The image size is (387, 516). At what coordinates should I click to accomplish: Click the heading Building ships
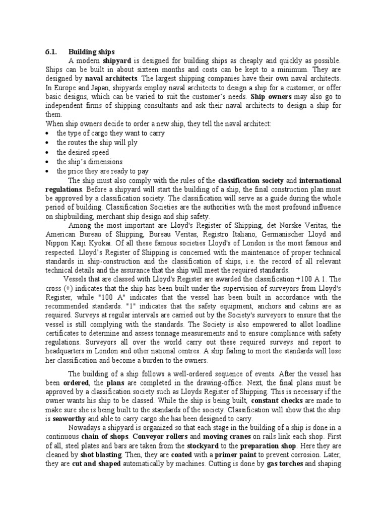(92, 51)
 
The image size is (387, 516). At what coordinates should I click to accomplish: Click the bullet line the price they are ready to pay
(102, 171)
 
